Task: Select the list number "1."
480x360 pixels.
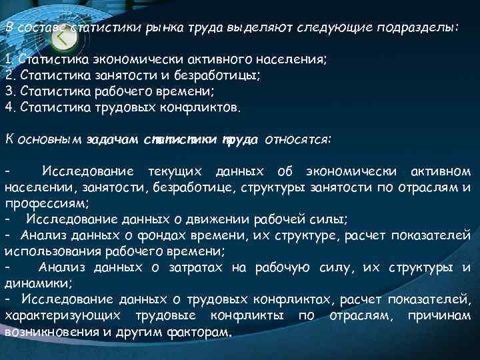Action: tap(10, 61)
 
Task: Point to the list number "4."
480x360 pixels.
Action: tap(10, 107)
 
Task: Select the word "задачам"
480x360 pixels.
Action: tap(113, 140)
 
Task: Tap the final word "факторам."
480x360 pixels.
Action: tap(200, 331)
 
